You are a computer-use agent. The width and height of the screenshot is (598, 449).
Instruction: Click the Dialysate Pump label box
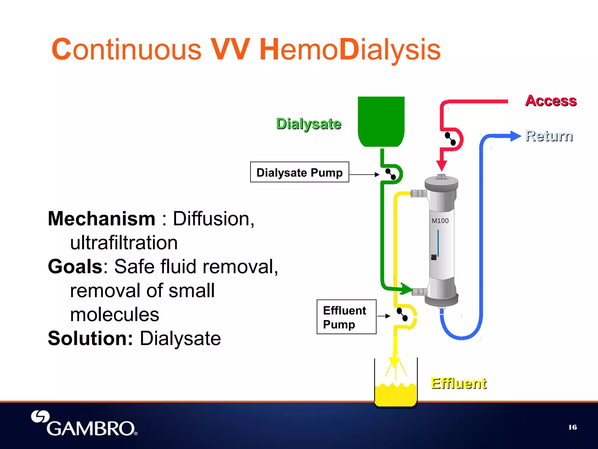tap(299, 172)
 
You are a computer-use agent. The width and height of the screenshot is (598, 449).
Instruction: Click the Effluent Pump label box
tap(346, 317)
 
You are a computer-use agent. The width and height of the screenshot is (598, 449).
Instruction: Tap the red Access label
tap(551, 101)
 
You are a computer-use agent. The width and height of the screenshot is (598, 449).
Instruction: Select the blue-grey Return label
tap(549, 136)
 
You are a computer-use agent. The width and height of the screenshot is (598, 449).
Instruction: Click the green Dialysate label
tap(309, 124)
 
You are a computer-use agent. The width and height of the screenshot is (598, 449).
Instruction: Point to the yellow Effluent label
tap(458, 384)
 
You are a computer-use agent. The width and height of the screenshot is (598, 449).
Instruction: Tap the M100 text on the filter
tap(440, 221)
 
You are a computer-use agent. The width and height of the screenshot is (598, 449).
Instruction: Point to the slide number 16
tap(573, 427)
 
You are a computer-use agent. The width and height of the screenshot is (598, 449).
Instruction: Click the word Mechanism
tap(102, 219)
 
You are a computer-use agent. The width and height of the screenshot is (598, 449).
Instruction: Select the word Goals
tap(75, 267)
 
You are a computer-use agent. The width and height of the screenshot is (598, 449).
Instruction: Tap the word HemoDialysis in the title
tap(350, 50)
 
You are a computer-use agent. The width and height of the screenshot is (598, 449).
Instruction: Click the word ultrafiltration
tap(124, 243)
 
